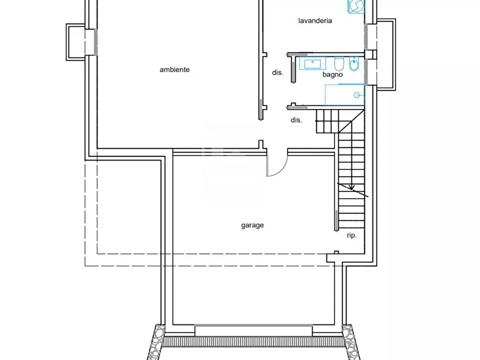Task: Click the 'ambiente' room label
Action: (174, 70)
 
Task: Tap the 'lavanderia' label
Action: (315, 21)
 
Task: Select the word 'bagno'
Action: (333, 75)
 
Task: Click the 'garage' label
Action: (252, 226)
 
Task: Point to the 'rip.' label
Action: (352, 235)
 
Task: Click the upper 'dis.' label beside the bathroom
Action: (277, 73)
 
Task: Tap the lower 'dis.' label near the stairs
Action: (296, 120)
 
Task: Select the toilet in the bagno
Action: (339, 65)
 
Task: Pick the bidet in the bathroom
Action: (354, 65)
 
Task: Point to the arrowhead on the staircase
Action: (352, 188)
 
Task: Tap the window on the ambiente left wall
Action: (96, 42)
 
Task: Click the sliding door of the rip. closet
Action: (336, 221)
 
